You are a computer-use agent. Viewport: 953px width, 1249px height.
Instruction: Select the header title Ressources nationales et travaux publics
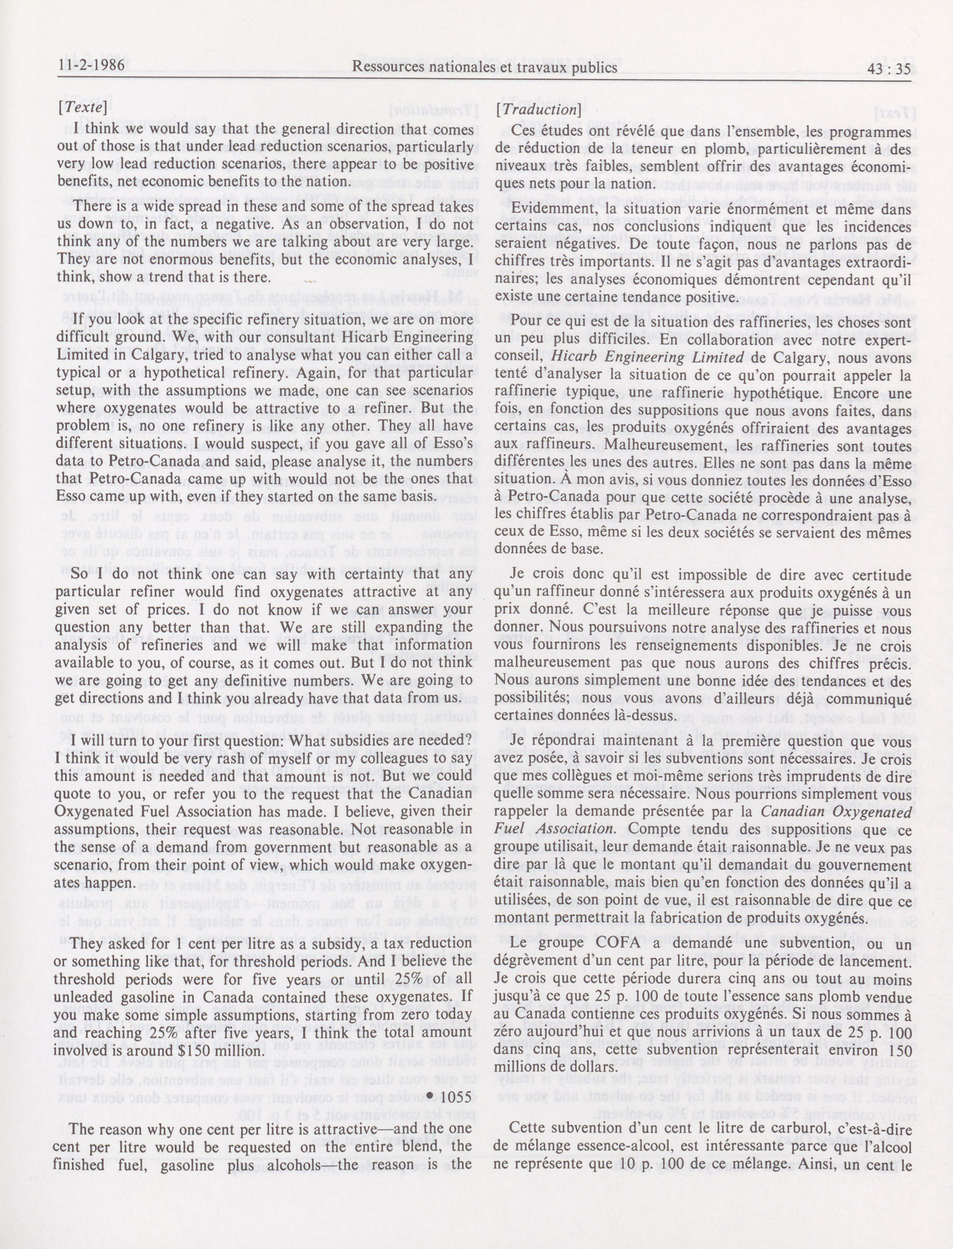tap(484, 68)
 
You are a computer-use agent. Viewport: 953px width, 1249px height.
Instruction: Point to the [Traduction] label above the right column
tap(538, 110)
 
